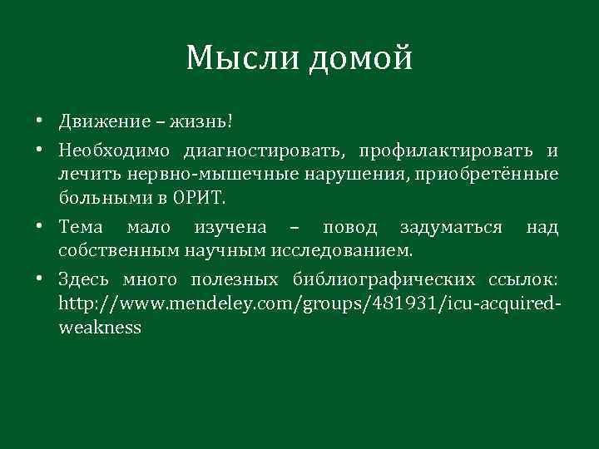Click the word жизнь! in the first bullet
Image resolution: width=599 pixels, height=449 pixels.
coord(204,122)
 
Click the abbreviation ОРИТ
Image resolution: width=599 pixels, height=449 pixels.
coord(200,198)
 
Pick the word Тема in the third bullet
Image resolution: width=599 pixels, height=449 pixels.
coord(81,228)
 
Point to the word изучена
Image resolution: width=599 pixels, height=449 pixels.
coord(230,228)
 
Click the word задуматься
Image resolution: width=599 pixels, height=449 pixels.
coord(450,228)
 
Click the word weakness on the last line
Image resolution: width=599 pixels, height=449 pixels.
coord(100,327)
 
